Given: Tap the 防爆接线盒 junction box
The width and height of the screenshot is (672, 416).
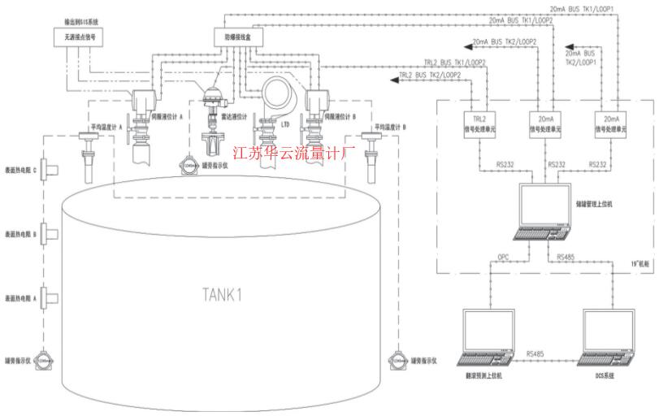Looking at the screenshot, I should click(x=231, y=37).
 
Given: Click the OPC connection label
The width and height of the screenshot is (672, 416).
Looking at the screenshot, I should click(x=504, y=258).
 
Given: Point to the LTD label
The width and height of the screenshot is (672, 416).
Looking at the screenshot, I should click(x=284, y=125).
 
